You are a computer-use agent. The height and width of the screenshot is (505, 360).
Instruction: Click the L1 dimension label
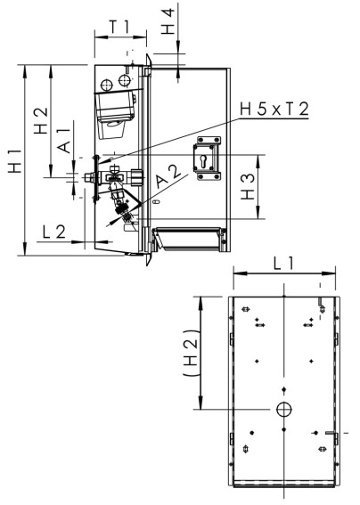[284, 264]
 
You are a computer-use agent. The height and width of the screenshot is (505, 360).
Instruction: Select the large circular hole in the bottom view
[284, 409]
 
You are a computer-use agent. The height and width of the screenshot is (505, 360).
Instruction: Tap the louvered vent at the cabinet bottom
[186, 238]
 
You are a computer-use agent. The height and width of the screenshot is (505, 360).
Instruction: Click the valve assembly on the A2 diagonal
[126, 212]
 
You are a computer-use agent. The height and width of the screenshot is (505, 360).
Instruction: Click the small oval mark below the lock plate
[157, 202]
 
